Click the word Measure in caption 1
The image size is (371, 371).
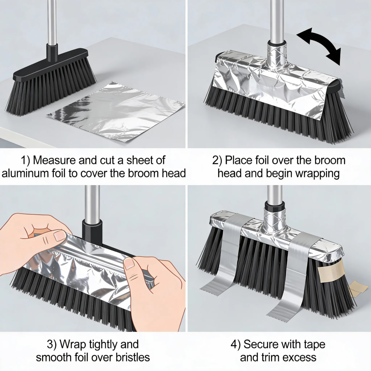[x=54, y=160]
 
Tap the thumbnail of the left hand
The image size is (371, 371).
[x=60, y=236]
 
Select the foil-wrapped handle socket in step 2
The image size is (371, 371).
[x=276, y=53]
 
